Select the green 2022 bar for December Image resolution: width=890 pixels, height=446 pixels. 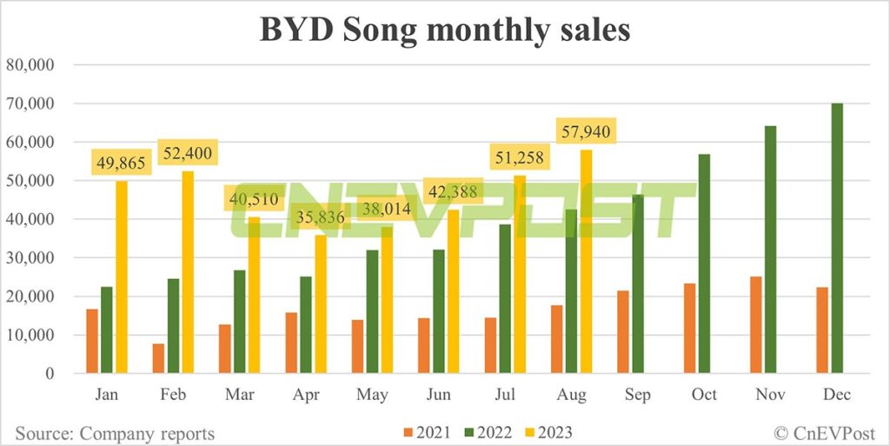(x=837, y=238)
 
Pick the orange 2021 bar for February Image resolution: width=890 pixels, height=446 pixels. (x=158, y=358)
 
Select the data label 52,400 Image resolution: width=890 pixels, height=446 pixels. (x=186, y=153)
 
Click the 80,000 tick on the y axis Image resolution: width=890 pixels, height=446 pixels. (x=30, y=64)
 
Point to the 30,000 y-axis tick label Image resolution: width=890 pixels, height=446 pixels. (x=30, y=257)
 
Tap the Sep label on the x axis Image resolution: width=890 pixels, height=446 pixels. (x=637, y=394)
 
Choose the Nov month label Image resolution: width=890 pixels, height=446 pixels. (x=770, y=394)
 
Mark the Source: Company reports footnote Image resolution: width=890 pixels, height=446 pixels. (x=114, y=432)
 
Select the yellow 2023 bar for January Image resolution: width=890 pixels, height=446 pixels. (x=121, y=277)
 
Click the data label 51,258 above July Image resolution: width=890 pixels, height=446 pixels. (x=519, y=158)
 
